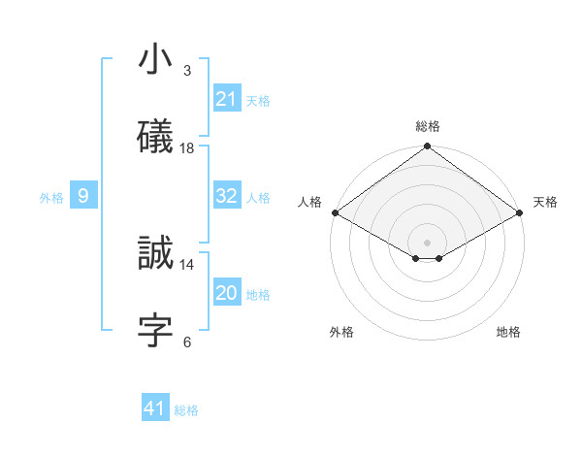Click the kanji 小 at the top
(x=155, y=61)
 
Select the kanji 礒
(x=155, y=137)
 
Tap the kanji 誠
(x=155, y=254)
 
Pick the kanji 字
(x=155, y=330)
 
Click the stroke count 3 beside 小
(x=186, y=71)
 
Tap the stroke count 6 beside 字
(x=186, y=341)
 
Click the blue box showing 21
(x=226, y=99)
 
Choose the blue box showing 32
(x=226, y=196)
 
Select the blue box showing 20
(x=226, y=293)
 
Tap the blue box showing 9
(x=83, y=196)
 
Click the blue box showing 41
(x=155, y=408)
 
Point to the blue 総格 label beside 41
(x=186, y=410)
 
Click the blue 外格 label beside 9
(x=51, y=198)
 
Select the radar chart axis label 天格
(x=545, y=202)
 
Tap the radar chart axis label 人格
(x=309, y=202)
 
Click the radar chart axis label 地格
(x=508, y=332)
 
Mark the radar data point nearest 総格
(x=427, y=147)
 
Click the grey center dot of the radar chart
(x=427, y=242)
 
